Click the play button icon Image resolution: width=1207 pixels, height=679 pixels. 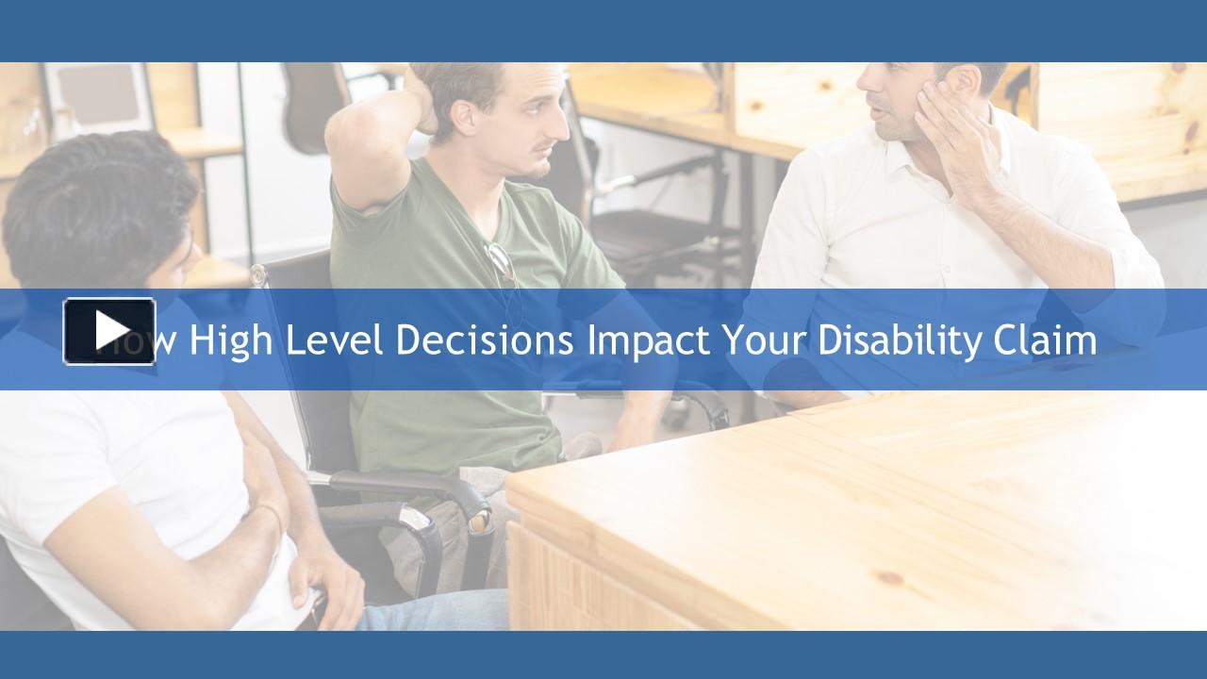109,330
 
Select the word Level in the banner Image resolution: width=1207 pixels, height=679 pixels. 334,339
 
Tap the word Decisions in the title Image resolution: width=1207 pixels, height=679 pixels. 484,339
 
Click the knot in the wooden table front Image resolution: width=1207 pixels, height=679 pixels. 888,576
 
